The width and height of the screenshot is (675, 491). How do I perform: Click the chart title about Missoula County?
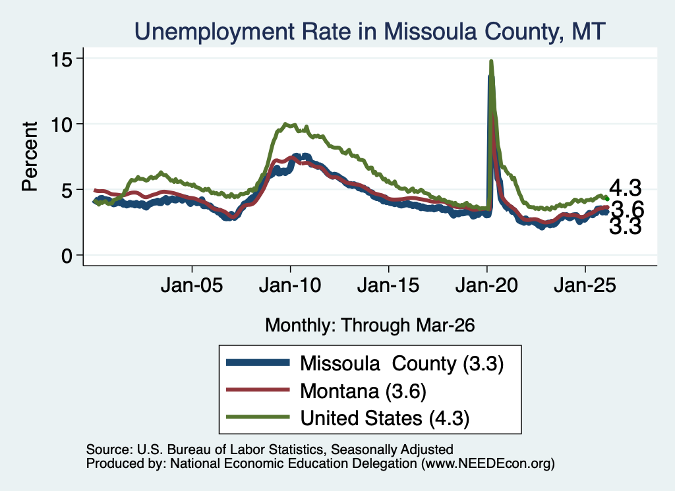pyautogui.click(x=370, y=32)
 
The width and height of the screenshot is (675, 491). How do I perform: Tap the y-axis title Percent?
pyautogui.click(x=30, y=156)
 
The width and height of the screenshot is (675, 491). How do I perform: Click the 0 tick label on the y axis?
pyautogui.click(x=67, y=256)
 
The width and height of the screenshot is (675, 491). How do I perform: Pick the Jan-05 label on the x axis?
pyautogui.click(x=192, y=285)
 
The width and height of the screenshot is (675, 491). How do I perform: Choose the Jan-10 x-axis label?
pyautogui.click(x=290, y=285)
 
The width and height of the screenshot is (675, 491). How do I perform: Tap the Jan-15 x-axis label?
pyautogui.click(x=388, y=285)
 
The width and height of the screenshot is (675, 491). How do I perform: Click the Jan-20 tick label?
pyautogui.click(x=486, y=285)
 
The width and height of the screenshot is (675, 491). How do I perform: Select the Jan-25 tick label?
pyautogui.click(x=585, y=285)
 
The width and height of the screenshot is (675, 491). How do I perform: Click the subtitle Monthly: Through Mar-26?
pyautogui.click(x=370, y=325)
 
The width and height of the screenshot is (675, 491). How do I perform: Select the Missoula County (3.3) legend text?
pyautogui.click(x=401, y=364)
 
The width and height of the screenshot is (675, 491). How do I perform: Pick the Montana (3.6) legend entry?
pyautogui.click(x=363, y=391)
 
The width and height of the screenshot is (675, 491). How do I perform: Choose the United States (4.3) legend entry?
pyautogui.click(x=384, y=419)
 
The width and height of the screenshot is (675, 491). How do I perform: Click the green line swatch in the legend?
pyautogui.click(x=258, y=417)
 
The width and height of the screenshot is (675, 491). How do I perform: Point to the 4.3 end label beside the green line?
pyautogui.click(x=625, y=188)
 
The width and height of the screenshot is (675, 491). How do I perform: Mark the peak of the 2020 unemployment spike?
pyautogui.click(x=491, y=61)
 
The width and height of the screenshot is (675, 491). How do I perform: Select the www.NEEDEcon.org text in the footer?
pyautogui.click(x=488, y=463)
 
